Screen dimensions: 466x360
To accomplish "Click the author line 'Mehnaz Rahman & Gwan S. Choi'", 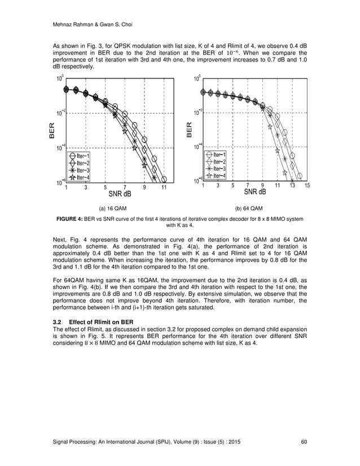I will [85, 25].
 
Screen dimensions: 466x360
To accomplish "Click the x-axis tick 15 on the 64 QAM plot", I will [307, 185].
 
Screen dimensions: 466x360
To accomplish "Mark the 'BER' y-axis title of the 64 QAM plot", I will [190, 129].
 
